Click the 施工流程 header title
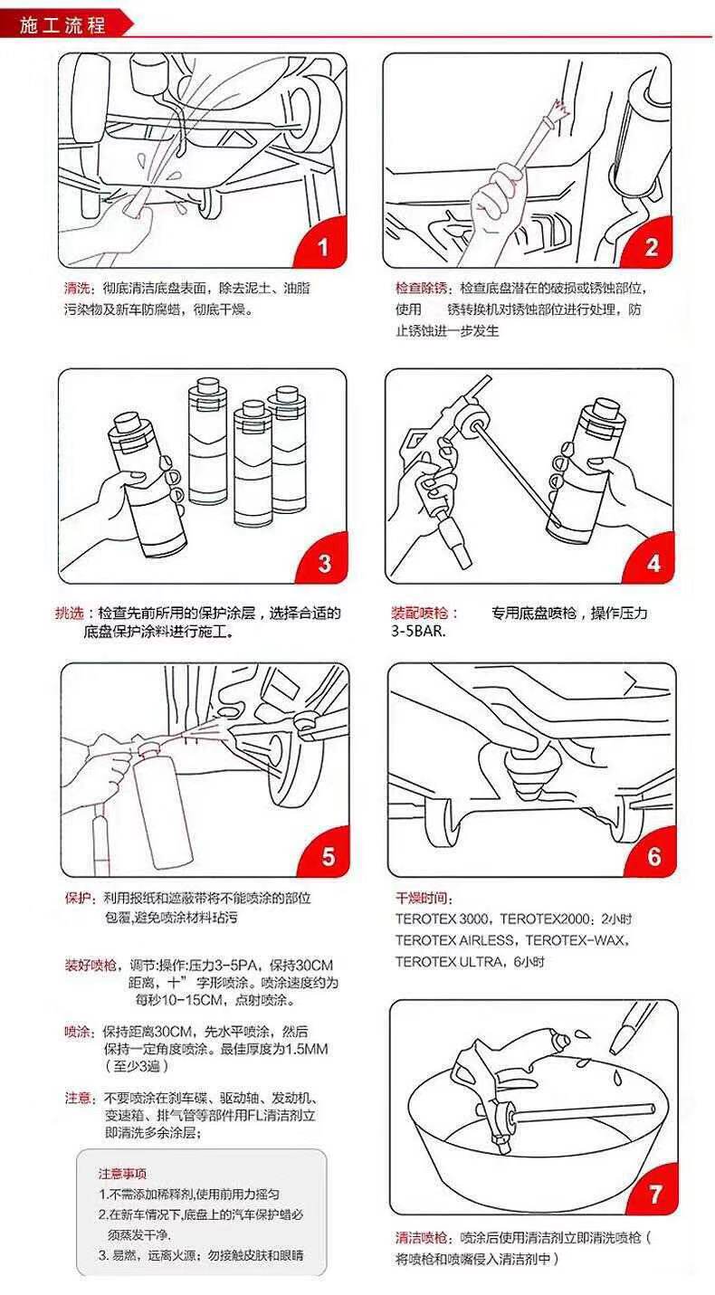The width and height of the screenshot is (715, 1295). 62,25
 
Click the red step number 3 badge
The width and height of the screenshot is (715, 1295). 324,561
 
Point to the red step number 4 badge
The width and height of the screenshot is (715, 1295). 651,561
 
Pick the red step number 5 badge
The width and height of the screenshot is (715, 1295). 326,854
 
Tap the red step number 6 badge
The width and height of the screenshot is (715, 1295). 653,854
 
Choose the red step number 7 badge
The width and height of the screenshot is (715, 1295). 655,1192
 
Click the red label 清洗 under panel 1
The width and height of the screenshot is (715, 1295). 77,288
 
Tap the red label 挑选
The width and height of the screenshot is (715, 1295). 70,613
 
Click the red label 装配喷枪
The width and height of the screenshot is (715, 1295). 420,613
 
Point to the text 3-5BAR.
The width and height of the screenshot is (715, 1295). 419,632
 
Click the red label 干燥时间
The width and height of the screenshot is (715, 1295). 422,898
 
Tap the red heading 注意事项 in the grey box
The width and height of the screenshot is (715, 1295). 122,1174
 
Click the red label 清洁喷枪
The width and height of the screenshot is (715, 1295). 422,1238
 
